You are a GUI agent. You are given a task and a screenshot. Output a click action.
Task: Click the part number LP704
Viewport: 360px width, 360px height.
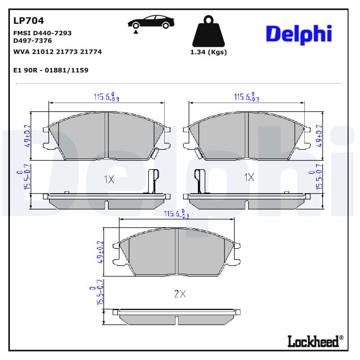(29, 21)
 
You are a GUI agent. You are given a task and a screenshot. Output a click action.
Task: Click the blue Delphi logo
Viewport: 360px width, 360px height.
(299, 34)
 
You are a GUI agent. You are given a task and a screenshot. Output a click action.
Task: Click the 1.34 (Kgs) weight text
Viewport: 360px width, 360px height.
(209, 52)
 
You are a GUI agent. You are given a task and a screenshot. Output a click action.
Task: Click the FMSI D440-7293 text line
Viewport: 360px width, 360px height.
(43, 33)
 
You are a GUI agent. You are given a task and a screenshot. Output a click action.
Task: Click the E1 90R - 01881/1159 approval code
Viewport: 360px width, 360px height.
(51, 70)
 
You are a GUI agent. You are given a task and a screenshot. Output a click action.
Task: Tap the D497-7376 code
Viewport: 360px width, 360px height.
(33, 40)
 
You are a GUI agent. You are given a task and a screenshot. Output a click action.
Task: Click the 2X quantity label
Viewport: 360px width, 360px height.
(180, 294)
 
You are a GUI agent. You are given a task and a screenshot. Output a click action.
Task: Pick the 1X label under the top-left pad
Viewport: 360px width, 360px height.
(109, 179)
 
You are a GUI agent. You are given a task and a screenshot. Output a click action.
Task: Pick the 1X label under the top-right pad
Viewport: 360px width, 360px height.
(249, 177)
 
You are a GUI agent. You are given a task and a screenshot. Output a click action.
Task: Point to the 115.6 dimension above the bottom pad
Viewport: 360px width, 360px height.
(176, 215)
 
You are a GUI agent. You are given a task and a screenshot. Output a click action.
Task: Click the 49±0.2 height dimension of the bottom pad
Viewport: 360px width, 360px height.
(100, 252)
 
